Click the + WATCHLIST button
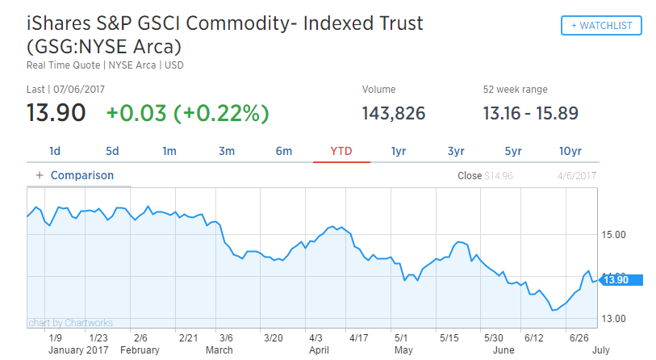(601, 26)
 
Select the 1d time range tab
(55, 151)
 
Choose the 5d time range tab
(112, 151)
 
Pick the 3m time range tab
(227, 151)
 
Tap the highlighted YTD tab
(341, 151)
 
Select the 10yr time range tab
(570, 151)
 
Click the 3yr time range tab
(456, 151)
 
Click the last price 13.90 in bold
(56, 113)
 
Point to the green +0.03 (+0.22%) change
(187, 113)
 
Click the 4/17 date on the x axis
(359, 337)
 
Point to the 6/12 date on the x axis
(534, 337)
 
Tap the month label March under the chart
(219, 350)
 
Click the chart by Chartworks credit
(71, 323)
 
